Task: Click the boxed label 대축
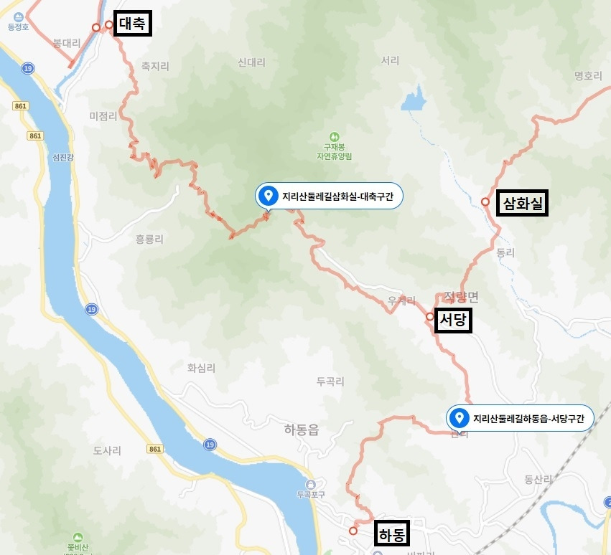pyautogui.click(x=132, y=24)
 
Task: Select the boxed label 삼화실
pyautogui.click(x=523, y=204)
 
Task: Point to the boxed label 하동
pyautogui.click(x=391, y=534)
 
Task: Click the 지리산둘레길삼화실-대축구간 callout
pyautogui.click(x=330, y=196)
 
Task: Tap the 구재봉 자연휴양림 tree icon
pyautogui.click(x=334, y=136)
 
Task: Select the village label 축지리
pyautogui.click(x=155, y=66)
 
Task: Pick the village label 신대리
pyautogui.click(x=251, y=62)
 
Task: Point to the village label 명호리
pyautogui.click(x=588, y=75)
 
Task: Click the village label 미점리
pyautogui.click(x=103, y=116)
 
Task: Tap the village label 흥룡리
pyautogui.click(x=149, y=239)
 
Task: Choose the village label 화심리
pyautogui.click(x=201, y=368)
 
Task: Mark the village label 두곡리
pyautogui.click(x=330, y=381)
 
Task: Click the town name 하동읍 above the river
pyautogui.click(x=301, y=430)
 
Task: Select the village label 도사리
pyautogui.click(x=107, y=450)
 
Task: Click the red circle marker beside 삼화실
pyautogui.click(x=485, y=202)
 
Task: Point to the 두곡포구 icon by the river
pyautogui.click(x=310, y=483)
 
